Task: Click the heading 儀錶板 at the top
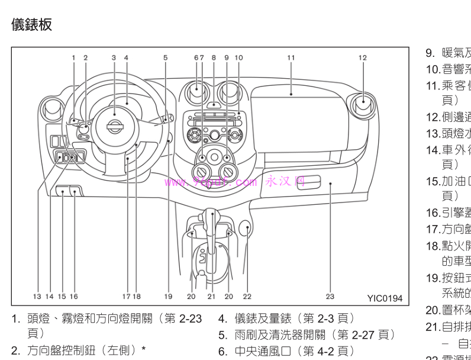pos(32,24)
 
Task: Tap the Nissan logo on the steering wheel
pos(114,125)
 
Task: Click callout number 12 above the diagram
pos(362,57)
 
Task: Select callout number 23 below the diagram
pos(330,296)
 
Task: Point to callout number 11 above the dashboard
pos(291,57)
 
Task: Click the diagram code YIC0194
pos(384,298)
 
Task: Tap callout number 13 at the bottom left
pos(37,296)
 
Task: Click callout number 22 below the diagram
pos(247,296)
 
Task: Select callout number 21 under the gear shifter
pos(211,296)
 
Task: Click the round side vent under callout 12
pos(362,107)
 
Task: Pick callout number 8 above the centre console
pos(214,57)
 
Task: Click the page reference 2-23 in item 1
pos(191,319)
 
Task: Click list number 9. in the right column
pos(430,53)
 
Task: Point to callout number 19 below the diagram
pos(168,296)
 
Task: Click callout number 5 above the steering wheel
pos(166,57)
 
